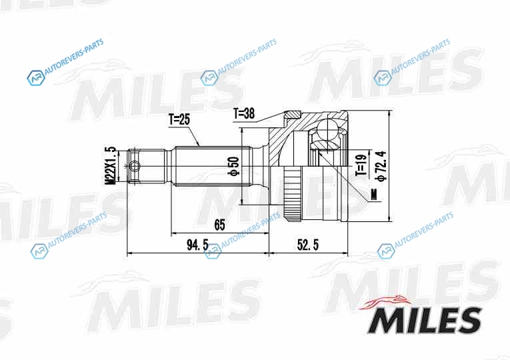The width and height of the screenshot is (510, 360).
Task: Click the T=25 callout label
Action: pyautogui.click(x=179, y=120)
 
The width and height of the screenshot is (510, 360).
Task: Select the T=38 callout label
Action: pyautogui.click(x=244, y=114)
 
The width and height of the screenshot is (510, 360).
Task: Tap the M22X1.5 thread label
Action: pyautogui.click(x=111, y=166)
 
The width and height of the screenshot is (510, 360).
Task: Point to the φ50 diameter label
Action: pyautogui.click(x=234, y=167)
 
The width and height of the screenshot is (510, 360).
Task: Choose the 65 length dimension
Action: pyautogui.click(x=219, y=225)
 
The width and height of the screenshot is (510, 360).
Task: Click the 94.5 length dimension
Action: pyautogui.click(x=197, y=245)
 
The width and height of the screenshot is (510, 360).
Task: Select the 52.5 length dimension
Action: pyautogui.click(x=308, y=245)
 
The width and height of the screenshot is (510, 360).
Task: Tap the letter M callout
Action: pyautogui.click(x=374, y=195)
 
